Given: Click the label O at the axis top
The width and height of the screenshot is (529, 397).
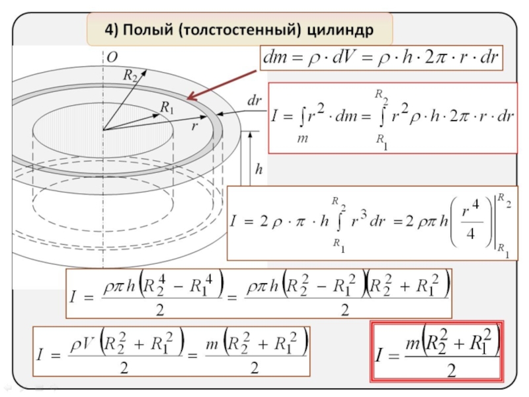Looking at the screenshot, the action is click(x=112, y=58).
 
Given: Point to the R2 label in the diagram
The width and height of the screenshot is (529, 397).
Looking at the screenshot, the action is click(x=130, y=75).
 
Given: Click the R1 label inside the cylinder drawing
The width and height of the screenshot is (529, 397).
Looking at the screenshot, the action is click(x=167, y=106).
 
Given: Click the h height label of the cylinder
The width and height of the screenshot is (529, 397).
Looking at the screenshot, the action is click(x=259, y=169).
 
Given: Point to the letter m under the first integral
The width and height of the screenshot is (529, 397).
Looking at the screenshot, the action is click(x=302, y=137).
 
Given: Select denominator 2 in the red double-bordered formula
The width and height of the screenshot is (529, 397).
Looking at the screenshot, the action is click(x=451, y=370).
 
